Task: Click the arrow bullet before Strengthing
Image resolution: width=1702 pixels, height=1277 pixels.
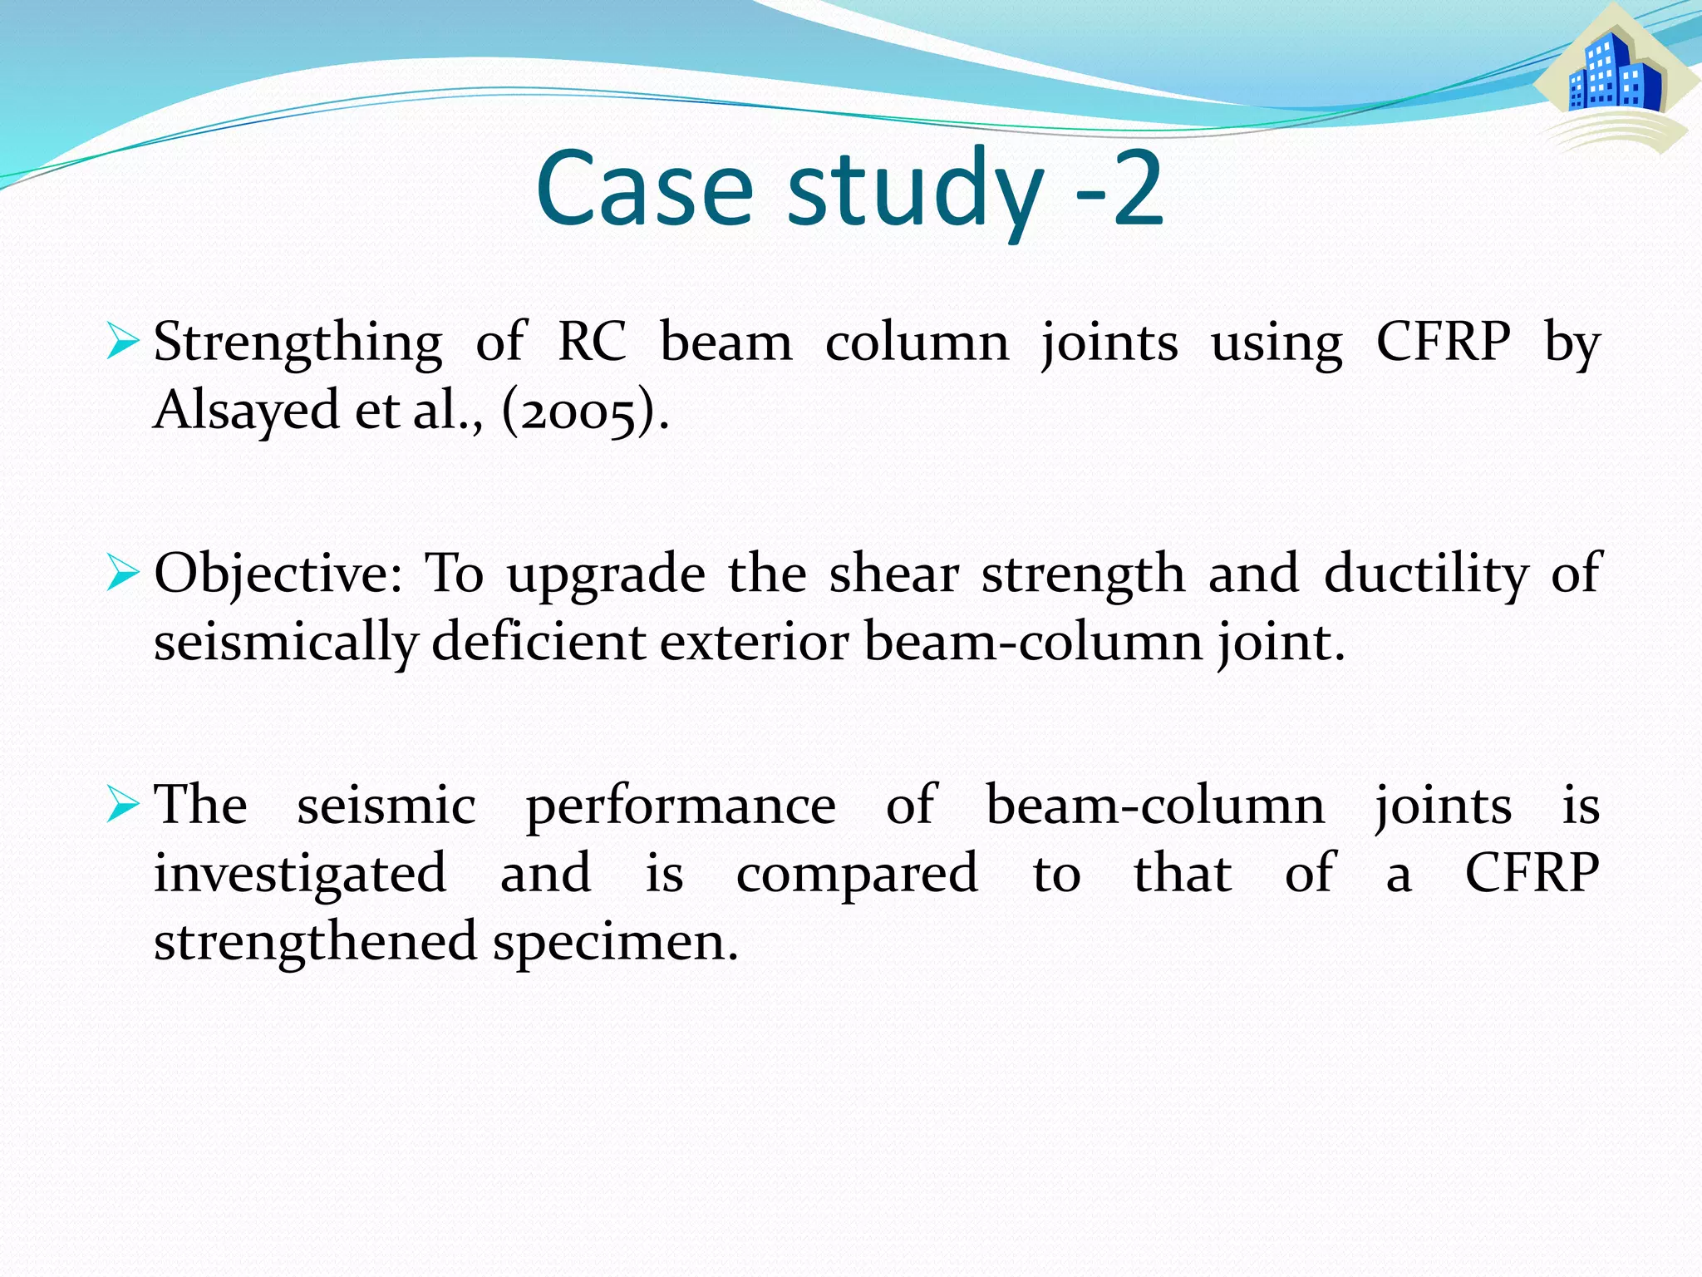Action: click(x=122, y=343)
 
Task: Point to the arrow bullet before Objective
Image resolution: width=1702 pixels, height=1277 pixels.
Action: click(x=122, y=574)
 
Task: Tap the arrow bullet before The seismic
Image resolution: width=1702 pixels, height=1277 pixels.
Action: click(x=122, y=806)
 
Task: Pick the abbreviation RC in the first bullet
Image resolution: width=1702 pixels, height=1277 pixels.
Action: click(x=592, y=342)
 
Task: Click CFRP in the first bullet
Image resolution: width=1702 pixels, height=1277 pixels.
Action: click(x=1444, y=342)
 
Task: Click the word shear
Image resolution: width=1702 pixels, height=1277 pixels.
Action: click(x=894, y=574)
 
